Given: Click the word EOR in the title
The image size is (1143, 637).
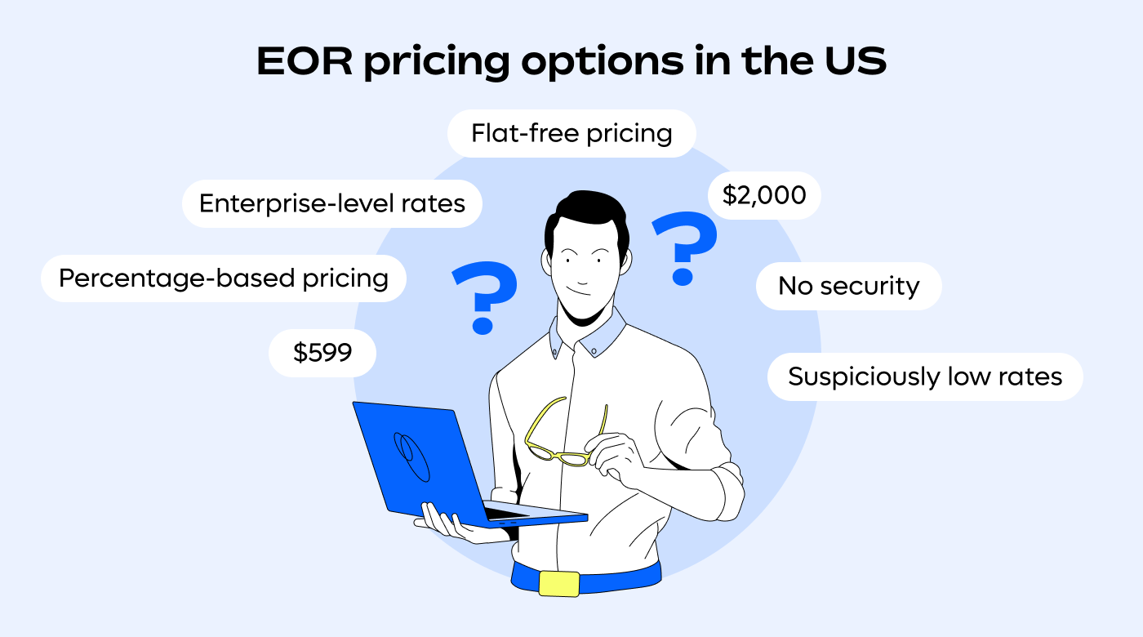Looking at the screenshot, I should click(x=304, y=62).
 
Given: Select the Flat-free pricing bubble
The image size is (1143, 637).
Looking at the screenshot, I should click(x=571, y=133).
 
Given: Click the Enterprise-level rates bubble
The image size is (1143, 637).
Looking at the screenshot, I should click(x=332, y=203).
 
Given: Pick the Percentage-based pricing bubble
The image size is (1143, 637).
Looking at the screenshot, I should click(x=224, y=278).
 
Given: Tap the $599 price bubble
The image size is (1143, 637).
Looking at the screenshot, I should click(x=322, y=353).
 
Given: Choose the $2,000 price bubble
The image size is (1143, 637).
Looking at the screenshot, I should click(x=764, y=195).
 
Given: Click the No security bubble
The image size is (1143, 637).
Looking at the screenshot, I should click(x=848, y=286).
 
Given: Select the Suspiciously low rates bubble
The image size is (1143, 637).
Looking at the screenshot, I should click(x=925, y=376).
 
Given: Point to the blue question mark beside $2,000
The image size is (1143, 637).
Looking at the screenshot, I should click(x=684, y=245).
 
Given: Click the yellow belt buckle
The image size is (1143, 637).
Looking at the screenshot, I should click(x=559, y=583).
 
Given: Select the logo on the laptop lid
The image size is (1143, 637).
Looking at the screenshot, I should click(x=411, y=454).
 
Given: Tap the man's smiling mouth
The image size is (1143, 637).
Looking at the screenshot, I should click(x=578, y=292).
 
